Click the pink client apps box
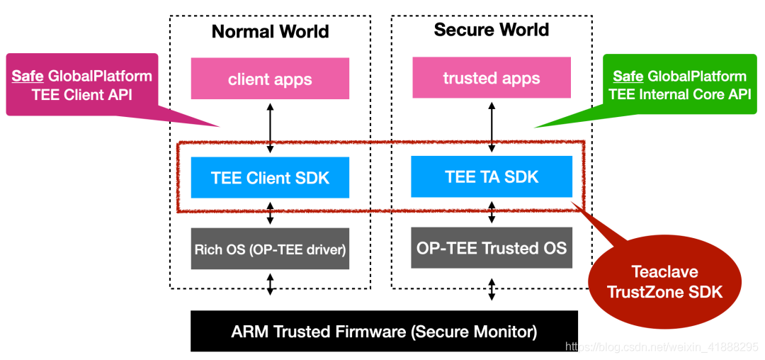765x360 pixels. [270, 79]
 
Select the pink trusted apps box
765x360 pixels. [492, 77]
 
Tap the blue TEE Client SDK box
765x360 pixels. [270, 178]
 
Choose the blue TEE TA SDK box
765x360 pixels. [492, 176]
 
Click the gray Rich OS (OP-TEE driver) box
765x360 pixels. [270, 249]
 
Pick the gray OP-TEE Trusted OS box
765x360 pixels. [492, 248]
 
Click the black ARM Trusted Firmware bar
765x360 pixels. [384, 331]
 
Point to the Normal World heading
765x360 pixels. [271, 32]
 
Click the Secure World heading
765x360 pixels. [492, 30]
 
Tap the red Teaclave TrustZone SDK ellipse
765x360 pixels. [664, 281]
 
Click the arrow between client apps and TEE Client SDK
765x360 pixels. [270, 128]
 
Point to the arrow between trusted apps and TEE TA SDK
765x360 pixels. [492, 127]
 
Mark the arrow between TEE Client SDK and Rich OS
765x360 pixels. [270, 213]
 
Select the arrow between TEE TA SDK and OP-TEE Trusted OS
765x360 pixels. [492, 212]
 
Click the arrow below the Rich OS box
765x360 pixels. [270, 284]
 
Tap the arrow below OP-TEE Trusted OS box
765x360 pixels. [492, 289]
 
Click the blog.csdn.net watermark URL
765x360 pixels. [662, 347]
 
